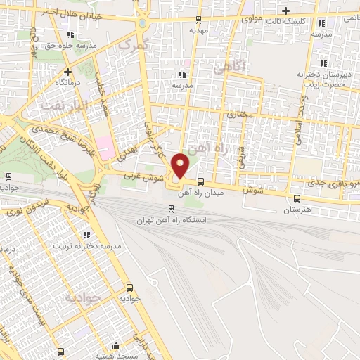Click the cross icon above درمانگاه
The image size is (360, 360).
pos(68,71)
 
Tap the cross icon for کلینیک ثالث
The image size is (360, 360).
pos(285,11)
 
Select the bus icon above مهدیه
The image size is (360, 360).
pos(198,20)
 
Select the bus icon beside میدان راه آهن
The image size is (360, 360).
pos(201,179)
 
